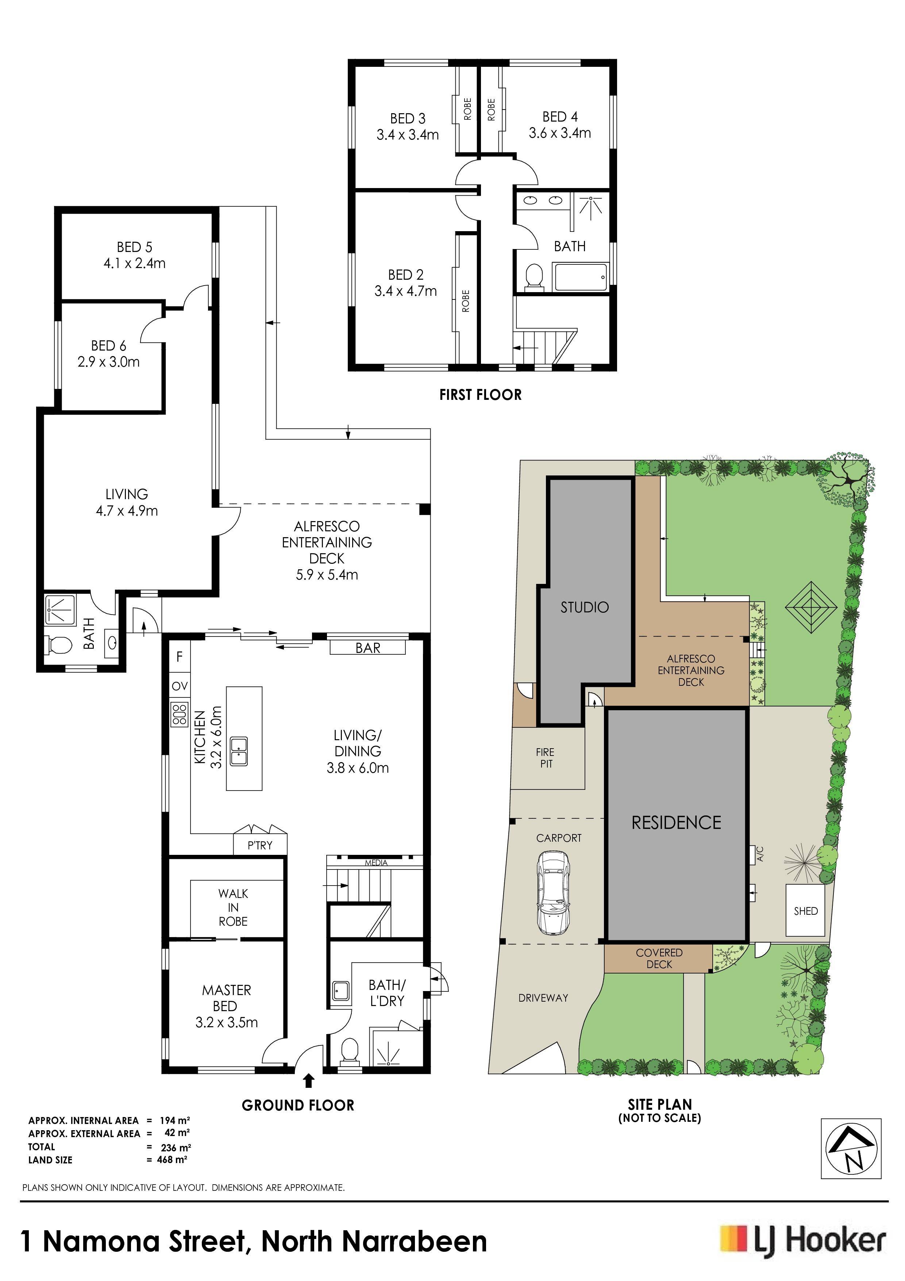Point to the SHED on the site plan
pyautogui.click(x=805, y=911)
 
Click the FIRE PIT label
pyautogui.click(x=545, y=758)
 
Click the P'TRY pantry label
pyautogui.click(x=260, y=845)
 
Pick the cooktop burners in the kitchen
pyautogui.click(x=180, y=715)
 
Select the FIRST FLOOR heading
pyautogui.click(x=480, y=395)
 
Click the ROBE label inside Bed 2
pyautogui.click(x=466, y=301)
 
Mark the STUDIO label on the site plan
pyautogui.click(x=584, y=607)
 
